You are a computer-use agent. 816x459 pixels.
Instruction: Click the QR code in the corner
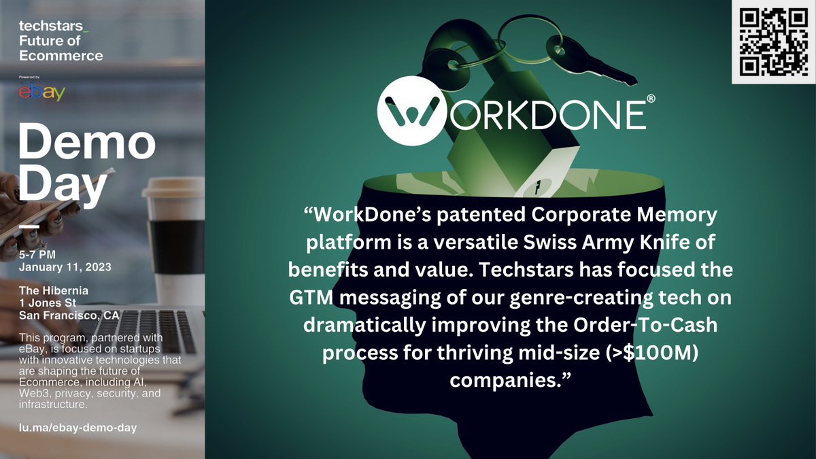772,42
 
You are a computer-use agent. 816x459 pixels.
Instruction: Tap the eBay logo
41,92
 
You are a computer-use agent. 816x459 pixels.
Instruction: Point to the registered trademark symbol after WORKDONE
651,99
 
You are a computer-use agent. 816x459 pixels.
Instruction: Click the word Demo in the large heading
86,143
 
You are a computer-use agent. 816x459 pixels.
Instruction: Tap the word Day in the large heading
63,184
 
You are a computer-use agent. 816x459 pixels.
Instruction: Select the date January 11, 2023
65,267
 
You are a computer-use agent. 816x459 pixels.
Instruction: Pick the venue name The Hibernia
54,291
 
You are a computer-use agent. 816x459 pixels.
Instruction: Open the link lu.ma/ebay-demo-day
78,428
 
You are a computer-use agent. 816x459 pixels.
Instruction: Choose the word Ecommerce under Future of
61,56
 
